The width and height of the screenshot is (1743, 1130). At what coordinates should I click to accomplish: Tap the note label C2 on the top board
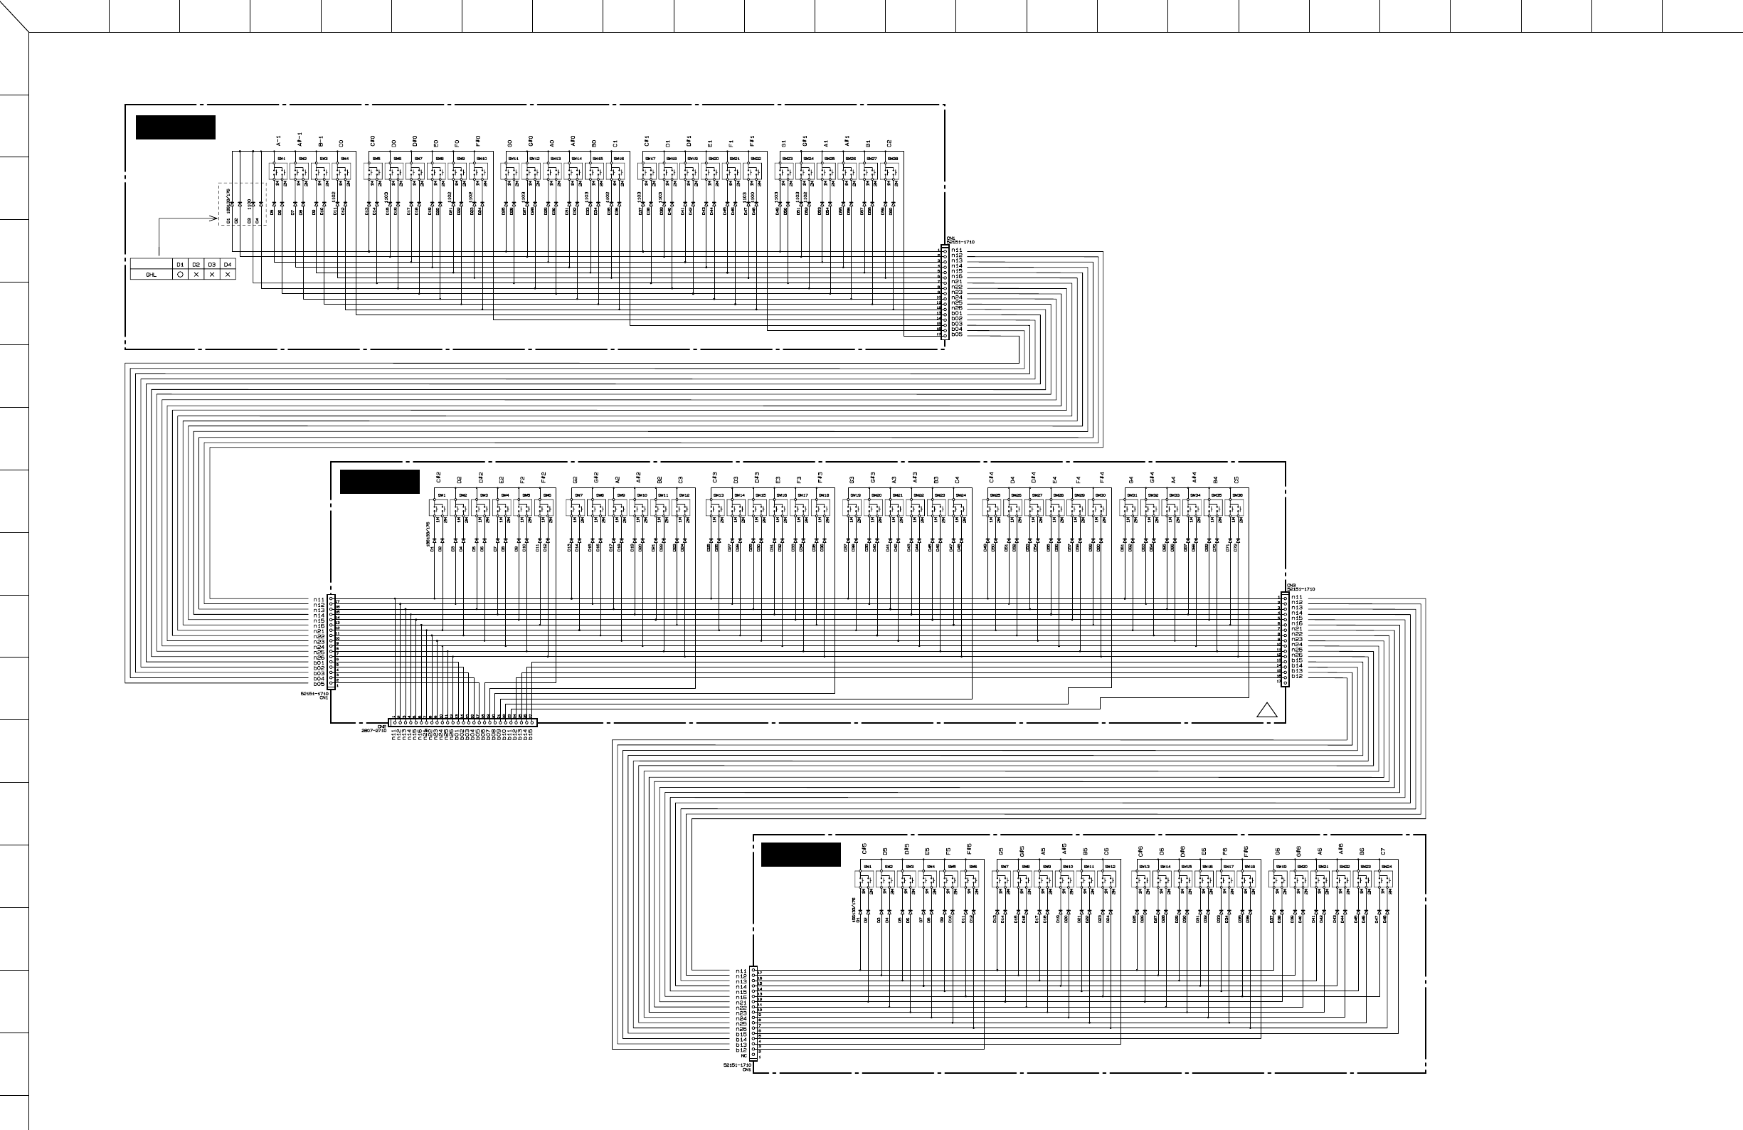pos(889,143)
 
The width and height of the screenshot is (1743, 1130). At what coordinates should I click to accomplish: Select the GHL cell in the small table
pos(152,275)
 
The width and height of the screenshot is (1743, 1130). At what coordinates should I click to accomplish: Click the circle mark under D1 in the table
pos(180,275)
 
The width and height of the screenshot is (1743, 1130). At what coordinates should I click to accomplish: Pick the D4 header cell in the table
pos(228,265)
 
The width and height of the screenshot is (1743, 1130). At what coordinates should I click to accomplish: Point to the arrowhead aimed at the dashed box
pos(214,218)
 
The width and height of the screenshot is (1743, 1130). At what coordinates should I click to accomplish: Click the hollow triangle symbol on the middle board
pos(1266,709)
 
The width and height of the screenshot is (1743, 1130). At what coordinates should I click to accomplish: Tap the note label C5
pos(1236,480)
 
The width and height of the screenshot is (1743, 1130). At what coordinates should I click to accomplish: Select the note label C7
pos(1383,852)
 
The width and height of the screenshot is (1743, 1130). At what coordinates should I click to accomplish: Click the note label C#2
pos(438,477)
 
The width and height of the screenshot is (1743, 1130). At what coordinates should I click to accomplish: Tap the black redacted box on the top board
pos(175,127)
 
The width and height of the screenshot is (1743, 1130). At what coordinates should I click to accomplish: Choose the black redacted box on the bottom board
pos(800,855)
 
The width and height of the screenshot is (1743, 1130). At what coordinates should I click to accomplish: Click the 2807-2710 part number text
pos(373,730)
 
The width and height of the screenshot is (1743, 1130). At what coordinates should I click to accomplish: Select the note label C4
pos(957,480)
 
